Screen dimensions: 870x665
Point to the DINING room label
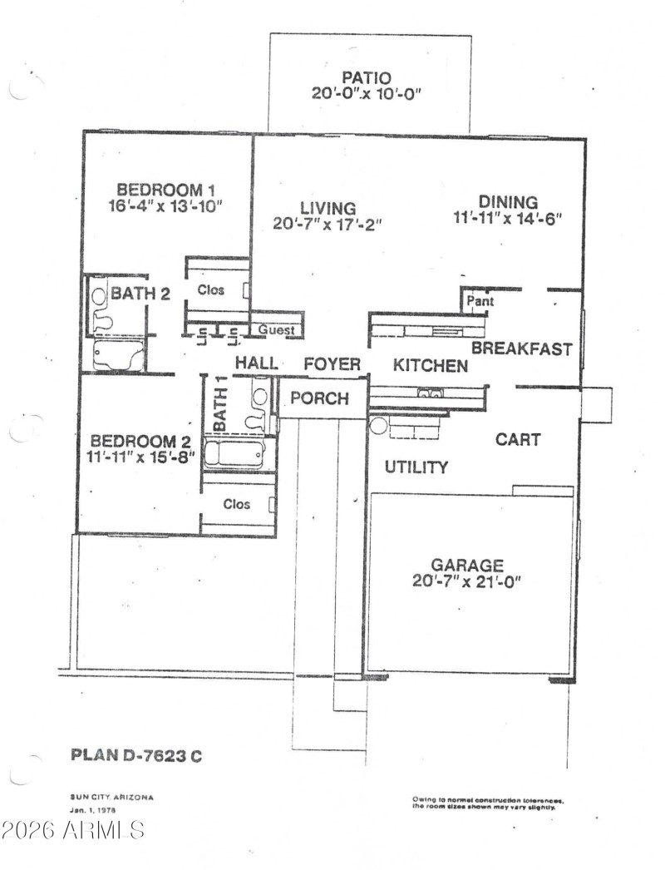pyautogui.click(x=508, y=201)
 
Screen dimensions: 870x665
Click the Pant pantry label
pyautogui.click(x=480, y=301)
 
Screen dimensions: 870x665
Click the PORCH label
pyautogui.click(x=319, y=398)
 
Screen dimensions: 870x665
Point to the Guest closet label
pyautogui.click(x=277, y=330)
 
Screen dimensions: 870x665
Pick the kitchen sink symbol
pyautogui.click(x=430, y=393)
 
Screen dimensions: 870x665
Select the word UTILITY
pyautogui.click(x=416, y=467)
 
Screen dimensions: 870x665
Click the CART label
pyautogui.click(x=518, y=439)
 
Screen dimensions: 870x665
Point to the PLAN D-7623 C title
pyautogui.click(x=136, y=756)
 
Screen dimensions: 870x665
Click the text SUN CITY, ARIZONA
pyautogui.click(x=111, y=797)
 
